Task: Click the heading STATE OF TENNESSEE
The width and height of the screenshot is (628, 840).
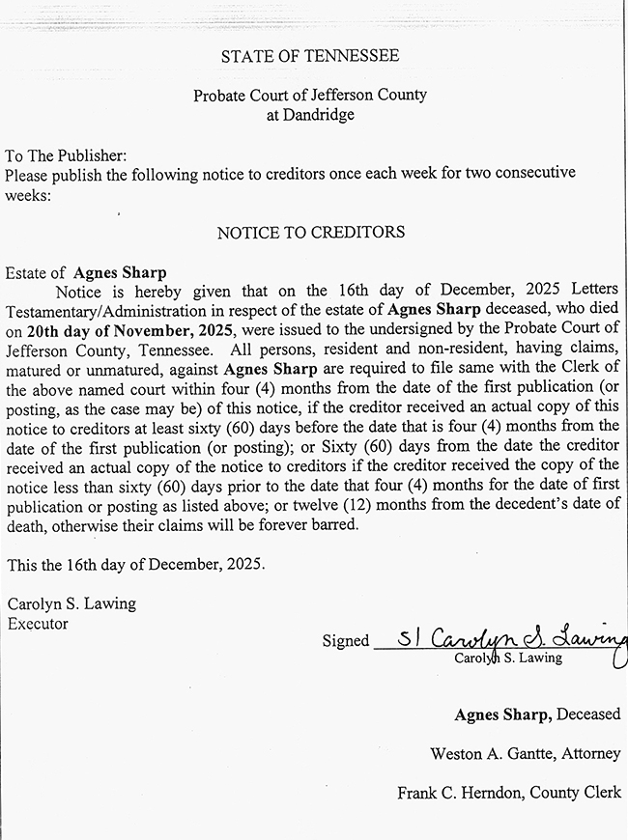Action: pyautogui.click(x=309, y=56)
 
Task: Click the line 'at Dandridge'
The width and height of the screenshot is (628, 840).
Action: pyautogui.click(x=309, y=115)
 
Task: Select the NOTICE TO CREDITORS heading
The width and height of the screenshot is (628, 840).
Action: pyautogui.click(x=310, y=233)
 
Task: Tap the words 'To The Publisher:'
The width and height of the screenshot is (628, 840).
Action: pyautogui.click(x=66, y=155)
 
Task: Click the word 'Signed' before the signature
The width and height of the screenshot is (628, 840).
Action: pyautogui.click(x=345, y=640)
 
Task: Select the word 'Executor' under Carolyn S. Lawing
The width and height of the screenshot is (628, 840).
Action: pyautogui.click(x=38, y=624)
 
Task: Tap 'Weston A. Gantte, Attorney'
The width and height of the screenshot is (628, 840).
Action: pyautogui.click(x=526, y=753)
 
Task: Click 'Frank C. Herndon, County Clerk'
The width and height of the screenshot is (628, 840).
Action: pyautogui.click(x=509, y=793)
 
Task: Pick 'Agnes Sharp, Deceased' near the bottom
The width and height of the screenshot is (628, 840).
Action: pyautogui.click(x=537, y=714)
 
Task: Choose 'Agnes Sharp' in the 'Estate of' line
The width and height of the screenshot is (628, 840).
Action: pyautogui.click(x=120, y=273)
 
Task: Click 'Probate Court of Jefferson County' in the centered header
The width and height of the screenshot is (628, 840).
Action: pyautogui.click(x=309, y=96)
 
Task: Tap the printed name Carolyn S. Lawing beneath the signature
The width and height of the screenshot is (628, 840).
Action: pyautogui.click(x=507, y=658)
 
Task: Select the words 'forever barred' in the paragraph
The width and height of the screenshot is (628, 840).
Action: pyautogui.click(x=310, y=524)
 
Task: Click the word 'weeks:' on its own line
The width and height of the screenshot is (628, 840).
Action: pyautogui.click(x=27, y=194)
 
